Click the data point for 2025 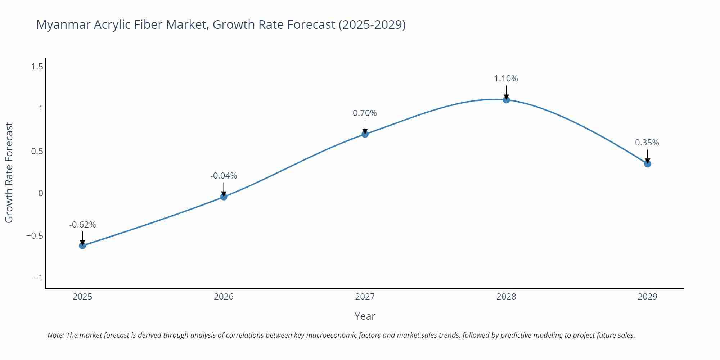tap(82, 246)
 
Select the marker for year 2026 tap(224, 197)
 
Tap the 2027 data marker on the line tap(365, 134)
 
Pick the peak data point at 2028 tap(506, 100)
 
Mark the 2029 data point tap(647, 164)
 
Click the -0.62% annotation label tap(82, 225)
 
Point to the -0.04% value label tap(224, 176)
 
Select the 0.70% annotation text tap(365, 113)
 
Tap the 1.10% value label tap(506, 78)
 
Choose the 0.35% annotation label tap(647, 143)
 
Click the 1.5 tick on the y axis tap(37, 67)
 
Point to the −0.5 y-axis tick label tap(35, 236)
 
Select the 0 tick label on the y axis tap(41, 193)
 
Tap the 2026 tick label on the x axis tap(224, 297)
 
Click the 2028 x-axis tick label tap(506, 297)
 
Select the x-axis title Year tap(365, 316)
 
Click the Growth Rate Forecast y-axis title tap(9, 172)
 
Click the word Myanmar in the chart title tap(63, 24)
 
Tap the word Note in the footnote tap(55, 335)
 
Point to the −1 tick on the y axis tap(38, 278)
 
